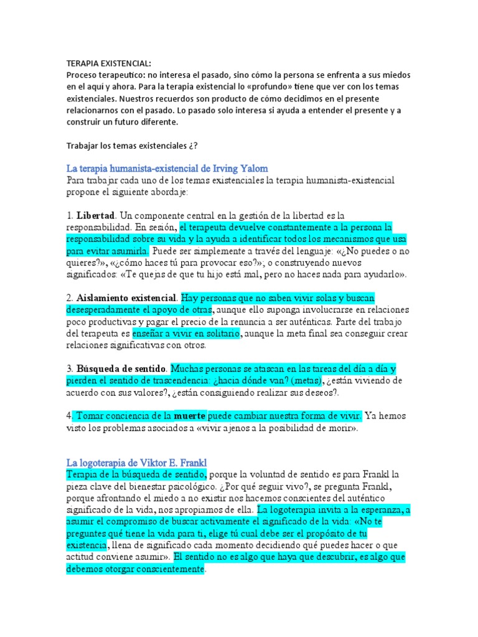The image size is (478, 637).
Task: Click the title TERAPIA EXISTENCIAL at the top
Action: pos(108,63)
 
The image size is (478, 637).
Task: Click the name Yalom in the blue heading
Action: pos(253,169)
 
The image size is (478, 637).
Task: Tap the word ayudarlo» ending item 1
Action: pos(385,274)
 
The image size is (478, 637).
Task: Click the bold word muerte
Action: pos(190,414)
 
